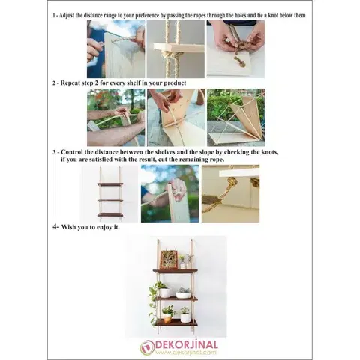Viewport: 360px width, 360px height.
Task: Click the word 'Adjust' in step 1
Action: tap(67, 15)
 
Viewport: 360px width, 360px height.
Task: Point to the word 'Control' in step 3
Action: tap(72, 152)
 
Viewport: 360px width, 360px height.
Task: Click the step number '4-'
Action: tap(56, 227)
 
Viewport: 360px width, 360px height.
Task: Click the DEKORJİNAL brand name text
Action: tap(187, 345)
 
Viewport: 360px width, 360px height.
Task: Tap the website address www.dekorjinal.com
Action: tap(186, 352)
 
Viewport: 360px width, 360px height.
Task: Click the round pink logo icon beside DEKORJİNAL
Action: tap(147, 348)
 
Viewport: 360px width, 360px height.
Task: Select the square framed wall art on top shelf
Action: tap(169, 259)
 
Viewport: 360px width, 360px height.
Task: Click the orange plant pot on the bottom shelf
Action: tap(167, 318)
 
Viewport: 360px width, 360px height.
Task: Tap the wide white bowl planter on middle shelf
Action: tap(183, 294)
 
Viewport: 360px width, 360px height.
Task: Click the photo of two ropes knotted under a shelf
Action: tap(175, 49)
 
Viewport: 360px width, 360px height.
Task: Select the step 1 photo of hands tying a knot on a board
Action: tap(235, 49)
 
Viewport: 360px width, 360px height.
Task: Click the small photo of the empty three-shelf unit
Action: tap(110, 194)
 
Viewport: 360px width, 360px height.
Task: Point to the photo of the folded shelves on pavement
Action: tap(236, 118)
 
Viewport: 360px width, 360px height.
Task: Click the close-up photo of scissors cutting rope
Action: tap(230, 193)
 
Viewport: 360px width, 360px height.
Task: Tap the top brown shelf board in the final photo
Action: tap(175, 271)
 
